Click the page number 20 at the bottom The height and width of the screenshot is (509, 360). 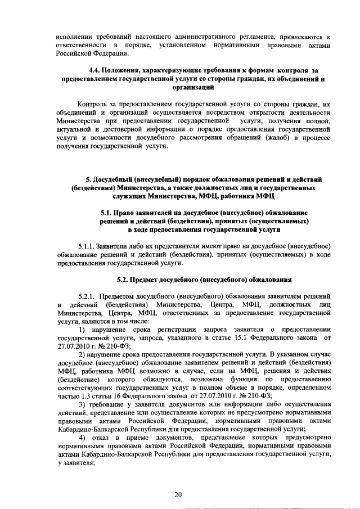click(178, 494)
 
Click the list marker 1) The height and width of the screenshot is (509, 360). click(82, 328)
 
